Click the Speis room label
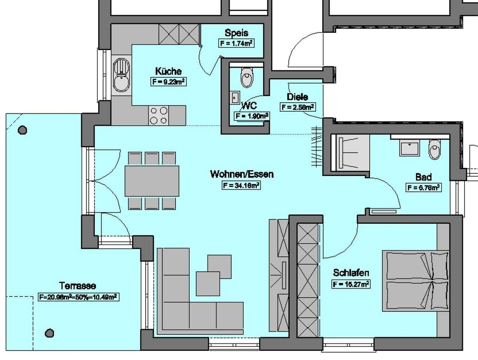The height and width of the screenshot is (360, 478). (236, 33)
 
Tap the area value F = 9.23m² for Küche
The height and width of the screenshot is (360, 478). (168, 82)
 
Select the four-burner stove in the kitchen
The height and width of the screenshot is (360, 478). (159, 115)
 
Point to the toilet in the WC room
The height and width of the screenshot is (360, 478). (247, 77)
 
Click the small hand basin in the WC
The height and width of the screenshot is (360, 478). (235, 98)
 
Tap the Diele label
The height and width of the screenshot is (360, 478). (297, 97)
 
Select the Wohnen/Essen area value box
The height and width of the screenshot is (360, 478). (241, 185)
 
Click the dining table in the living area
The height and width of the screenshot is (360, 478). (152, 181)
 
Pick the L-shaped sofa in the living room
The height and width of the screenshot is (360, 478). (187, 300)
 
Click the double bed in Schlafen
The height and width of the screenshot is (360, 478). (416, 281)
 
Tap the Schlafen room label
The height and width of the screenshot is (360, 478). (351, 273)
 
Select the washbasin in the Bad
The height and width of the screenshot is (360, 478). (409, 148)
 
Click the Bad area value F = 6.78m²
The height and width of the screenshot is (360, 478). (423, 188)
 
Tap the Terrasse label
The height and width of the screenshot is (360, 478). (78, 286)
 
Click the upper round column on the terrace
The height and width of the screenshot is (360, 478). (22, 130)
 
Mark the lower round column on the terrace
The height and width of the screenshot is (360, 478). (49, 333)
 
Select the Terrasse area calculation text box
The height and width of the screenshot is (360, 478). (79, 297)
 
